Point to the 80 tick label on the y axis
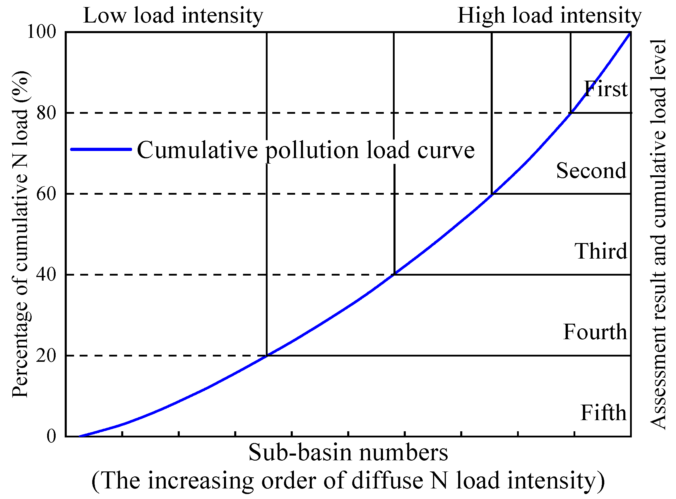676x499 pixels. pyautogui.click(x=46, y=113)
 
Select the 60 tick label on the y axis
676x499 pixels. pyautogui.click(x=46, y=194)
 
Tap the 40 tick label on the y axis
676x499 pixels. pyautogui.click(x=46, y=275)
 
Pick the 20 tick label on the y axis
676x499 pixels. pyautogui.click(x=46, y=356)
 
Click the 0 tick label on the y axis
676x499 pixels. pyautogui.click(x=51, y=437)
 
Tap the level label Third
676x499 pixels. pyautogui.click(x=600, y=251)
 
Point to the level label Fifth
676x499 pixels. pyautogui.click(x=604, y=413)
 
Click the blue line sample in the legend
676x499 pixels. pyautogui.click(x=101, y=149)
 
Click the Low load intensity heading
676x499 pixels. pyautogui.click(x=173, y=16)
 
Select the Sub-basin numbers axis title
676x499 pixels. pyautogui.click(x=348, y=453)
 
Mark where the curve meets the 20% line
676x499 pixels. pyautogui.click(x=267, y=356)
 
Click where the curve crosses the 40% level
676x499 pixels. pyautogui.click(x=394, y=275)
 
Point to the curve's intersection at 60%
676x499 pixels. pyautogui.click(x=492, y=194)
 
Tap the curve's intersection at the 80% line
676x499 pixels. pyautogui.click(x=571, y=113)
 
